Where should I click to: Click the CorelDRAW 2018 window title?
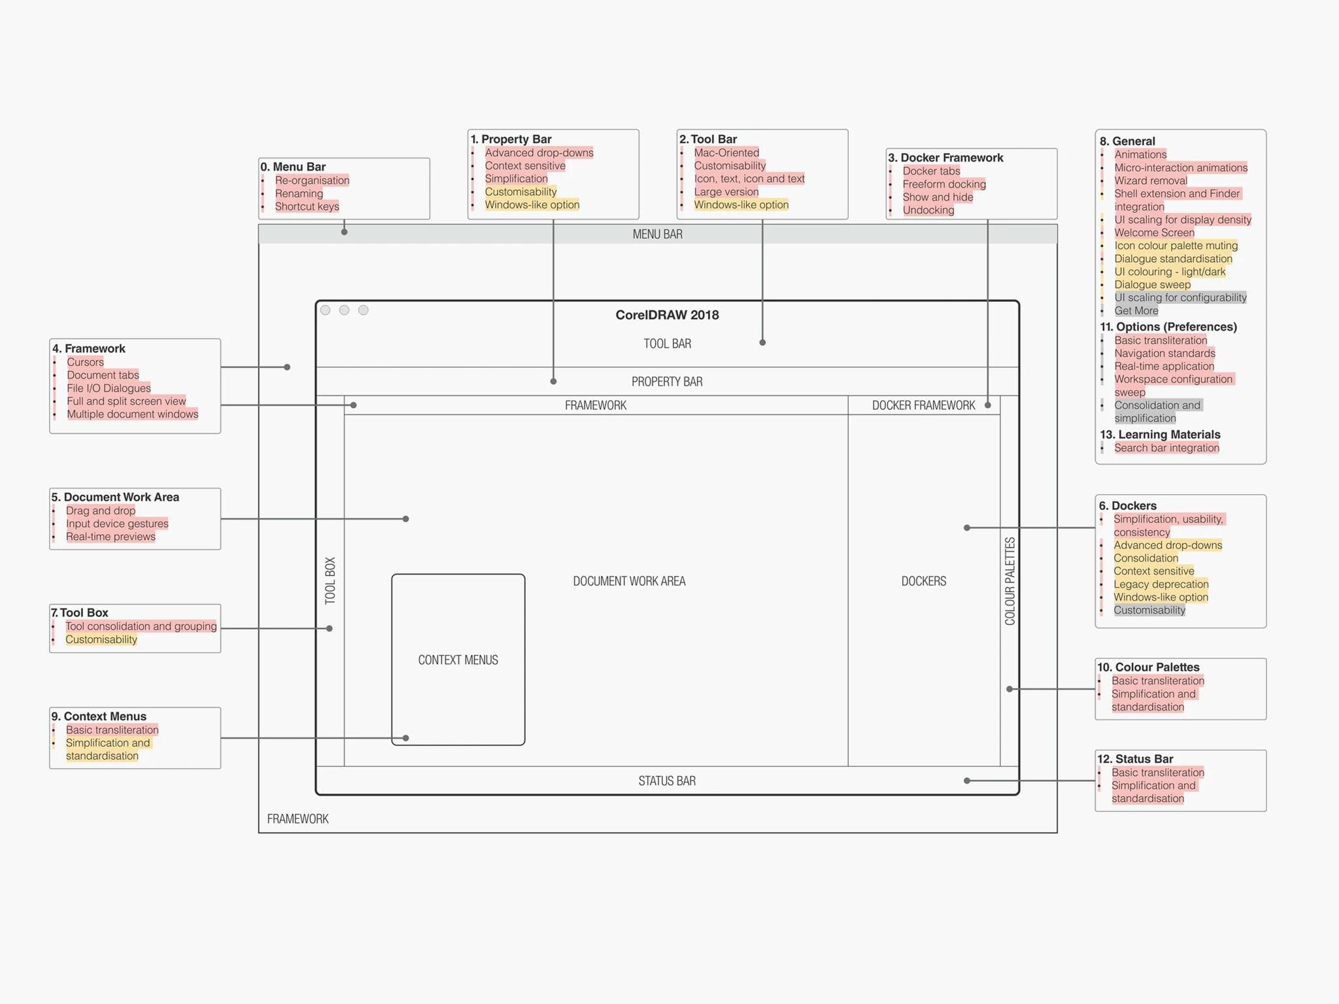pos(667,315)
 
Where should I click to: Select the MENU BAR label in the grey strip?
pos(657,234)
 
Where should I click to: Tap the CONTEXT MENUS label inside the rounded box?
pos(458,660)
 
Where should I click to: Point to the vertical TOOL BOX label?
pos(330,580)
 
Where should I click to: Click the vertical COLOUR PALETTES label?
pos(1010,581)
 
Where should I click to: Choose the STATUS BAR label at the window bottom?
pos(667,781)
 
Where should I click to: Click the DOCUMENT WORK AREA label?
pos(629,581)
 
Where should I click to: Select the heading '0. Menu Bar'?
pos(293,167)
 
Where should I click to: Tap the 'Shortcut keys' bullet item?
pos(307,207)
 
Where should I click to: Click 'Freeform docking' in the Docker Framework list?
pos(944,184)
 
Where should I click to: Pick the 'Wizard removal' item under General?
pos(1151,180)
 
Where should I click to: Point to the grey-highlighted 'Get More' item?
pos(1136,311)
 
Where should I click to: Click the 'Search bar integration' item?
pos(1166,448)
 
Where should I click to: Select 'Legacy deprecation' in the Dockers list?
pos(1161,584)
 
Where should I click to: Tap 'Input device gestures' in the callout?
pos(117,524)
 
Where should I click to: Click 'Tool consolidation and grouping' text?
pos(141,626)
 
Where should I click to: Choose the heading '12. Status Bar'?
pos(1135,759)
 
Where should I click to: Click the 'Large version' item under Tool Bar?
pos(726,192)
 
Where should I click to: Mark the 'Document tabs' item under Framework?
pos(103,375)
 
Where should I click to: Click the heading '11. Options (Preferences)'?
pos(1168,327)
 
